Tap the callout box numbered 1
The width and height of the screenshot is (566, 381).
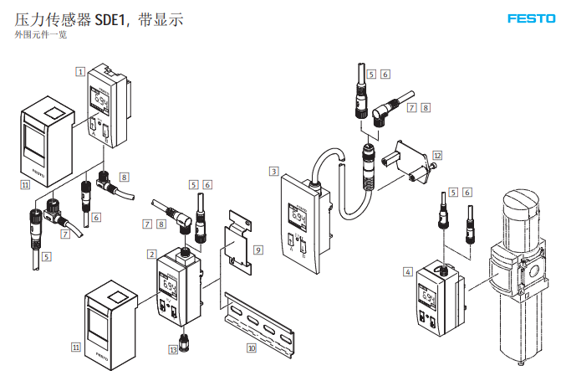[81, 72]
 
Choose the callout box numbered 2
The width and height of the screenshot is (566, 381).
[151, 254]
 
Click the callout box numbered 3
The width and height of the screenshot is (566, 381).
[273, 172]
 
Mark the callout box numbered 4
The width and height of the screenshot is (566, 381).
[407, 271]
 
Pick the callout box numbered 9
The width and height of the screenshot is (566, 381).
[258, 250]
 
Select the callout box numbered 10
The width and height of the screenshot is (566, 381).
[251, 346]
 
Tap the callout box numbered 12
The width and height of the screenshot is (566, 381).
[437, 156]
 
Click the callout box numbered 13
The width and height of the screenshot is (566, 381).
[174, 349]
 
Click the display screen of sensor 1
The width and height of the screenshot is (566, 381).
[100, 105]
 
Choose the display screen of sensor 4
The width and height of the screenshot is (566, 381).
[429, 299]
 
